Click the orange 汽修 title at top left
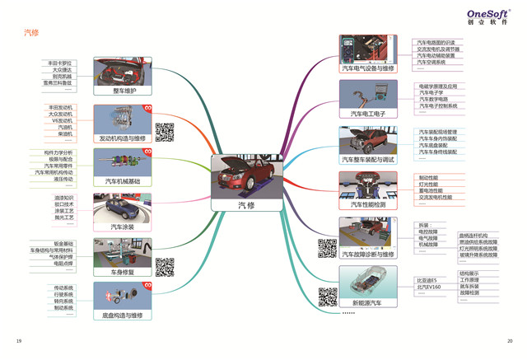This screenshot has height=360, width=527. (30, 33)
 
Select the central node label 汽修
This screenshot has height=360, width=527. (247, 204)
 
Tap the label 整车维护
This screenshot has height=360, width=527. (123, 90)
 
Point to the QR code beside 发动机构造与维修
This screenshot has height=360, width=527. (164, 131)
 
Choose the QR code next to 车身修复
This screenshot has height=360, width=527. (164, 268)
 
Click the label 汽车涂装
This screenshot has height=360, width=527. (123, 226)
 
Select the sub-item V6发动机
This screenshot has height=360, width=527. (62, 121)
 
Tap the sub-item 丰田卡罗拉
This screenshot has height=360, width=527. (59, 63)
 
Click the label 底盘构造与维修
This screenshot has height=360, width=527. (123, 315)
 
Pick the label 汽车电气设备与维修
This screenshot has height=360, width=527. (368, 69)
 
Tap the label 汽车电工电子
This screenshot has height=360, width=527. (368, 114)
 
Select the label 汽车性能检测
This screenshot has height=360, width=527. (368, 204)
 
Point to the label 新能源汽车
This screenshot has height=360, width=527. (368, 303)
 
